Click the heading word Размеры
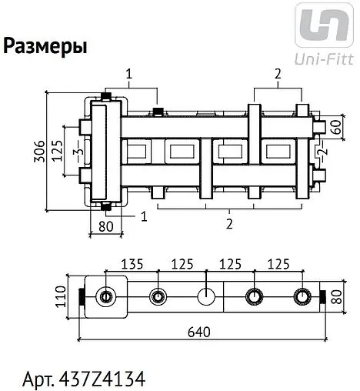click(45, 47)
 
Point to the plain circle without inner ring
click(205, 296)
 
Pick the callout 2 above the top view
click(275, 75)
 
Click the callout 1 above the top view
click(128, 75)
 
